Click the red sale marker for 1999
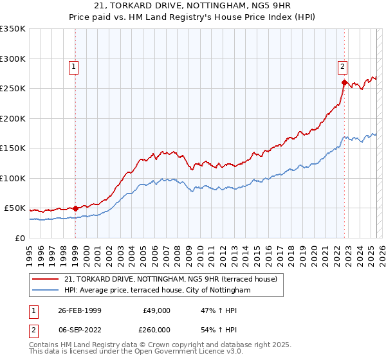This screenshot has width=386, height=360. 75,208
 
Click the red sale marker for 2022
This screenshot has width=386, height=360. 344,82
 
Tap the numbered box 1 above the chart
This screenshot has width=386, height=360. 74,66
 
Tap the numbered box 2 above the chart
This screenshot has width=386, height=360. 342,66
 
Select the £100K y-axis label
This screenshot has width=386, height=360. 13,178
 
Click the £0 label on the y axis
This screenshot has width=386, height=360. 20,238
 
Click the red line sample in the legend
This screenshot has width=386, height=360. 46,279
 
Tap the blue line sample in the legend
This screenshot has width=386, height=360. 46,290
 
